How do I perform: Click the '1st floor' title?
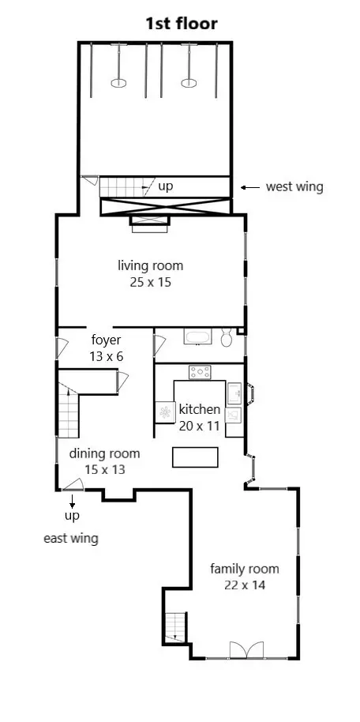click(182, 24)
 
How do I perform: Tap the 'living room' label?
click(151, 266)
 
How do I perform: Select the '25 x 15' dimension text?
click(151, 282)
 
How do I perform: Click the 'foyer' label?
click(106, 340)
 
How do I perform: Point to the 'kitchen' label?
click(200, 409)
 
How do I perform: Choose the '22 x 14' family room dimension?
click(245, 585)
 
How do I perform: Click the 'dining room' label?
click(104, 454)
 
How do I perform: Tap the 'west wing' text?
click(294, 187)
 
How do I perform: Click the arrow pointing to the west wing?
click(250, 187)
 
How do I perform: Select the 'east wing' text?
click(71, 539)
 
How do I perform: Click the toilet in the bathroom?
click(227, 337)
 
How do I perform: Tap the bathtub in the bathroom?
click(198, 337)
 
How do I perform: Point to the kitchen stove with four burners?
click(200, 372)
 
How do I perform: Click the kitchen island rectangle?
click(195, 457)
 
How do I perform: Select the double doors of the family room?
click(247, 650)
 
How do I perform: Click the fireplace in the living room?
click(150, 224)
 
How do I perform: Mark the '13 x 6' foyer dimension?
click(107, 356)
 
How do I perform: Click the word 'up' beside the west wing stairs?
click(165, 187)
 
